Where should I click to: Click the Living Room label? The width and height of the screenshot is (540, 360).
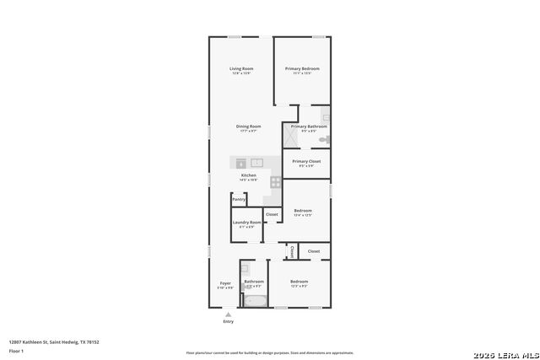point(241,69)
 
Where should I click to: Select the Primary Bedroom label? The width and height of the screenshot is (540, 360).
point(302,69)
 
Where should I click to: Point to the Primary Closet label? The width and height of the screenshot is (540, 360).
point(306,161)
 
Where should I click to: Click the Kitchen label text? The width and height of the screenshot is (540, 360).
point(249,175)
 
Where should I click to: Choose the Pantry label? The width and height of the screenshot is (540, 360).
point(239,199)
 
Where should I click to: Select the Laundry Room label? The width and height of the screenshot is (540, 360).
point(247,223)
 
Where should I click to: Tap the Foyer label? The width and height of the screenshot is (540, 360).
point(225,283)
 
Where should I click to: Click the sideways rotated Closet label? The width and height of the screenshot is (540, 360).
point(292,251)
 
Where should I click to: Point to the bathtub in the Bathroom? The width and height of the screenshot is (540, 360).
point(254,299)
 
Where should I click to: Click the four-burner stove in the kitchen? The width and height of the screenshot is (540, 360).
point(275,181)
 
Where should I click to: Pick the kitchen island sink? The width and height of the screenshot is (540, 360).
point(256,162)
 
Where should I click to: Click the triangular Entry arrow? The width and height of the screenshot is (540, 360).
point(228,314)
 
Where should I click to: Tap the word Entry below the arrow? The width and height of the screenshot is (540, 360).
point(228,322)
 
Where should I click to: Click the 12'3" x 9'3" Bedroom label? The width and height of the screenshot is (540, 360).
point(300,282)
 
